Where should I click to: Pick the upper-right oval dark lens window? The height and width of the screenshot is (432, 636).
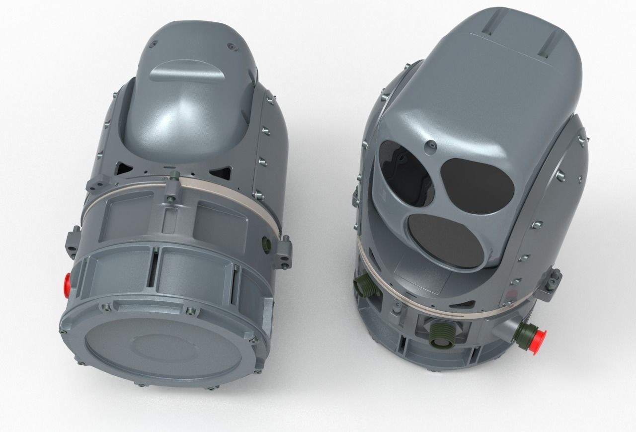[477, 185]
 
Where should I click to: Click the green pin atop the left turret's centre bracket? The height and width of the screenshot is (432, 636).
[173, 174]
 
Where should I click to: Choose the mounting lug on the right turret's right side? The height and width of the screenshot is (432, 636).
[555, 281]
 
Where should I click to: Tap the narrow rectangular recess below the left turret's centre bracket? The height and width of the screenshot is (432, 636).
[170, 219]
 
